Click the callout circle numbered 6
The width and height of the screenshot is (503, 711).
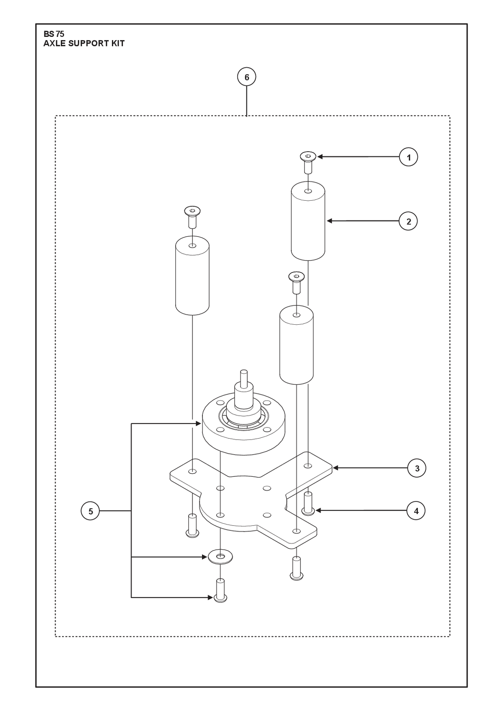(247, 77)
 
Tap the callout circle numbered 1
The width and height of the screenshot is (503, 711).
(408, 157)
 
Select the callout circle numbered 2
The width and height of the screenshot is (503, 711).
(408, 221)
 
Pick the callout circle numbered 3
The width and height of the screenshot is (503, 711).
(417, 468)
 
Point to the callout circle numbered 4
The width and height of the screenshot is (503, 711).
(416, 511)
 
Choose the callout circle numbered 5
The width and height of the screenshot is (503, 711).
(91, 511)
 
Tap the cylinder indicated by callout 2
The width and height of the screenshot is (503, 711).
(308, 221)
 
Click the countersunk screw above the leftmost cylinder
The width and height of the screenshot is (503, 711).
(192, 217)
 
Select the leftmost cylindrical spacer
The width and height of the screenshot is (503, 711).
(192, 276)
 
